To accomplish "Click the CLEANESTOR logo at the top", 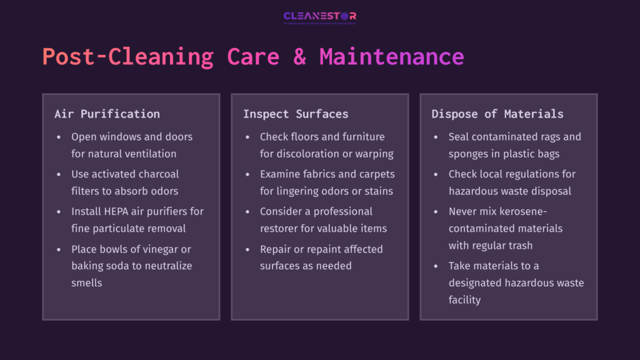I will [x=319, y=17].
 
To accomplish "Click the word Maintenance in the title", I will [x=391, y=57].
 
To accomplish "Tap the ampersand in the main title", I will [x=299, y=57].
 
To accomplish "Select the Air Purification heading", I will [x=107, y=114].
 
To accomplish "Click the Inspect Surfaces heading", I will [x=296, y=114].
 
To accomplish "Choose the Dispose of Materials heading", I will [x=497, y=114].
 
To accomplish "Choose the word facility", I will [x=464, y=299].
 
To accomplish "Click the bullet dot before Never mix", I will [x=435, y=212].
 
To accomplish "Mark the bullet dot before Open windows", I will [x=59, y=137].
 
